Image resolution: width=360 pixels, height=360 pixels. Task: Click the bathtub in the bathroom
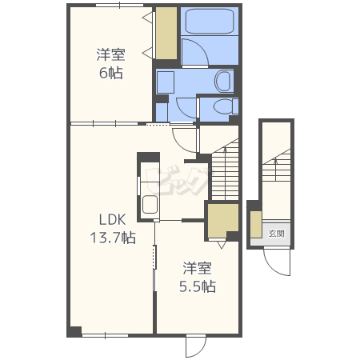click(210, 21)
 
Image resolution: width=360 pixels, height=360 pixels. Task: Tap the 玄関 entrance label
click(276, 234)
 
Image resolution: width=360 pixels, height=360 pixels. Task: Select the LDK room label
click(112, 219)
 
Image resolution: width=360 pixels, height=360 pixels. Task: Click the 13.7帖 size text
click(113, 238)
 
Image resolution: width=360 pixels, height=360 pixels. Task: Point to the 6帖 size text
click(111, 73)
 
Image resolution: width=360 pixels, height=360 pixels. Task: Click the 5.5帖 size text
click(198, 286)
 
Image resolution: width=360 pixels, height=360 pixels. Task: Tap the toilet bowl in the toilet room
click(222, 106)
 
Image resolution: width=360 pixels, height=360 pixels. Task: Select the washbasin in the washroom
click(222, 81)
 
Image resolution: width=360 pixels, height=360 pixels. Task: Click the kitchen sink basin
click(150, 204)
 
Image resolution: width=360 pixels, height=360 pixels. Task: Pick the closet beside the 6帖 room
click(166, 33)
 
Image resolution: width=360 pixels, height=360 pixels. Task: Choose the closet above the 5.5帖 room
click(222, 220)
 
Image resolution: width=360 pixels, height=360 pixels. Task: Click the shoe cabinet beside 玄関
click(256, 224)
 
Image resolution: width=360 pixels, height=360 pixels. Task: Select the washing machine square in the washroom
click(166, 82)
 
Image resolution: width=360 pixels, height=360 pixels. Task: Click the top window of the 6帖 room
click(119, 5)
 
